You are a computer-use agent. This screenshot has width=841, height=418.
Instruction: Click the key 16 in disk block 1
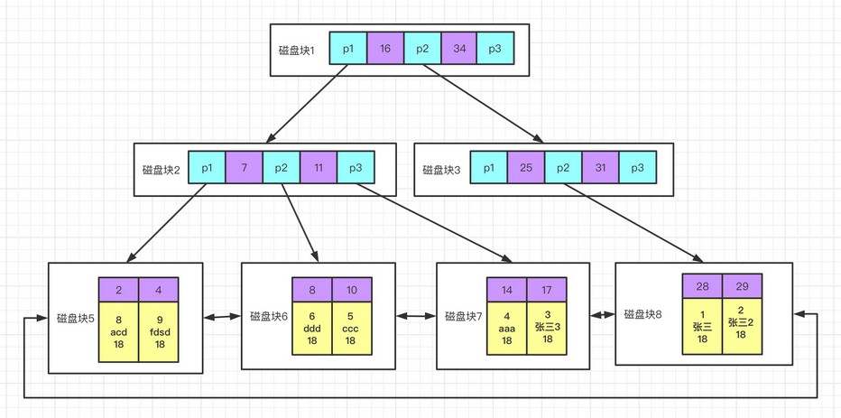click(x=385, y=49)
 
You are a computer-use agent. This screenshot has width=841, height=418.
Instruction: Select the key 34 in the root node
click(x=458, y=49)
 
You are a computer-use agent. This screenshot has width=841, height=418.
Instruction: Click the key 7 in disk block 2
click(x=244, y=168)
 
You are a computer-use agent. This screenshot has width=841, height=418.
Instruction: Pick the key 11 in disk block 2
click(x=318, y=168)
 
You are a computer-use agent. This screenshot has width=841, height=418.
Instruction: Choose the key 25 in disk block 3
click(x=526, y=168)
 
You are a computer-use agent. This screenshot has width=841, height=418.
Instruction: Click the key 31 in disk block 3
click(x=600, y=168)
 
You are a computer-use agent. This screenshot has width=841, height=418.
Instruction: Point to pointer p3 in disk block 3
click(x=637, y=168)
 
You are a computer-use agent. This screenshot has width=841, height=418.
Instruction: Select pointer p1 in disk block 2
click(x=207, y=168)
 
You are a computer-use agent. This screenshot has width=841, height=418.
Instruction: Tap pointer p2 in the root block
click(x=421, y=49)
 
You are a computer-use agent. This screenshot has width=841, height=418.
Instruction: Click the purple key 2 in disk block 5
click(x=118, y=290)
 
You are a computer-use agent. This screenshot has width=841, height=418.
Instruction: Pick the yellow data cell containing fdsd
click(x=159, y=331)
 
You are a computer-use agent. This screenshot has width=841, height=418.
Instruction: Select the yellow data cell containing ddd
click(x=311, y=329)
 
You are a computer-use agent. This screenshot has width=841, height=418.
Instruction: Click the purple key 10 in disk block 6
click(x=352, y=290)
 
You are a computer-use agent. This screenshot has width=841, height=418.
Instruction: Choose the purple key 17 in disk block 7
click(x=547, y=290)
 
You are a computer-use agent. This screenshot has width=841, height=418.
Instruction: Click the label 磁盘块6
click(x=269, y=317)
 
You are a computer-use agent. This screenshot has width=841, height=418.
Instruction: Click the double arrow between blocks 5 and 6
click(x=222, y=317)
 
